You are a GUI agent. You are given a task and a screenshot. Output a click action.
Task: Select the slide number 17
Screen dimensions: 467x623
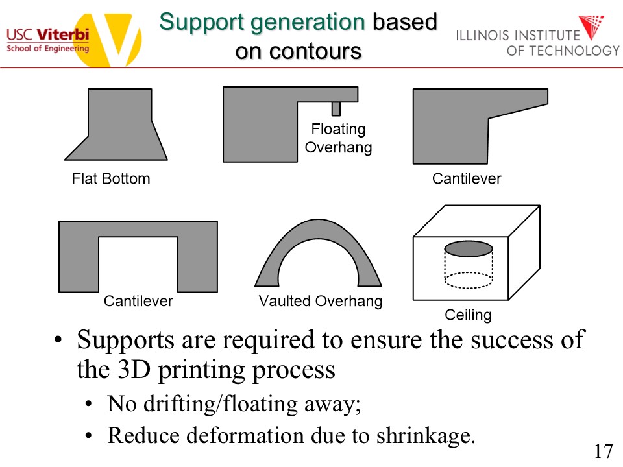tap(604, 451)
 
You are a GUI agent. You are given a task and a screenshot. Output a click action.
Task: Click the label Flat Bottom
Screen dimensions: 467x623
tap(111, 178)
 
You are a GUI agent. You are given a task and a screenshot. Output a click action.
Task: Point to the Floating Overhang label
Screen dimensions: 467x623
tap(338, 138)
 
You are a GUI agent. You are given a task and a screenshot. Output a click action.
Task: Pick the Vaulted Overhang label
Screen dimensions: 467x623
tap(321, 301)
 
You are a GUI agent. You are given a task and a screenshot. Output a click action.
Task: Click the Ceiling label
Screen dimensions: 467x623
tap(468, 315)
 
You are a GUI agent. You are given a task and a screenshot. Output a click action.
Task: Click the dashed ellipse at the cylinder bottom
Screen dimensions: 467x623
tap(468, 280)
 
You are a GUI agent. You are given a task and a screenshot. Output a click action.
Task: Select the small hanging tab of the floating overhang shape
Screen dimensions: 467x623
tap(336, 108)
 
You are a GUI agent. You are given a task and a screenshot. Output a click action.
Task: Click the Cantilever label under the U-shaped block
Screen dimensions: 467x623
tap(138, 301)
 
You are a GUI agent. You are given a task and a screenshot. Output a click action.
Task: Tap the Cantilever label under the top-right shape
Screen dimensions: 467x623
tap(467, 178)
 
